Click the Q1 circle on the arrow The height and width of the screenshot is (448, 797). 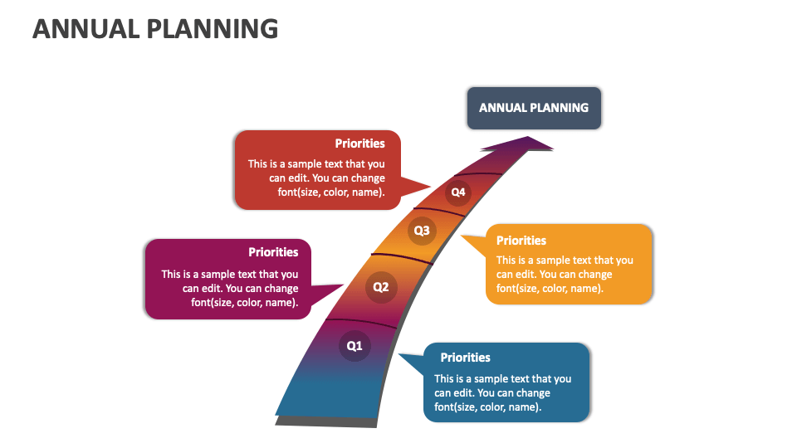tap(354, 346)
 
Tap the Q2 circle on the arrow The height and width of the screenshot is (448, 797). tap(380, 288)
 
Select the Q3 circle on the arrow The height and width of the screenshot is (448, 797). tap(422, 231)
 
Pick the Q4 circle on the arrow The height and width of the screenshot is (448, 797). tap(457, 193)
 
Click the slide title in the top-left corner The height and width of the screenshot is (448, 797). tap(155, 28)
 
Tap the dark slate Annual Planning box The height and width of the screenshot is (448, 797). tap(534, 108)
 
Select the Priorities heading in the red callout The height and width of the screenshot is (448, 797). tap(359, 144)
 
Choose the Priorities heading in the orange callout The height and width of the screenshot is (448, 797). tap(521, 241)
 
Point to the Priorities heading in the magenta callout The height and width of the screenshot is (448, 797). tap(273, 252)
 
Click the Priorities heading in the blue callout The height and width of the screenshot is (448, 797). tap(465, 358)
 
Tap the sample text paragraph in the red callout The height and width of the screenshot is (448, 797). tap(316, 178)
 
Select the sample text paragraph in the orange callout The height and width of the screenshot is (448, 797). tap(565, 275)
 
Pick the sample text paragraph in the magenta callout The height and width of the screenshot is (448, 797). tap(230, 288)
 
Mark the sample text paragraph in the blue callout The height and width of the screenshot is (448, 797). tap(502, 393)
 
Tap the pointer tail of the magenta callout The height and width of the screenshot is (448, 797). tap(330, 291)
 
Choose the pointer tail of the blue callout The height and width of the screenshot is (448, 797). tap(411, 362)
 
